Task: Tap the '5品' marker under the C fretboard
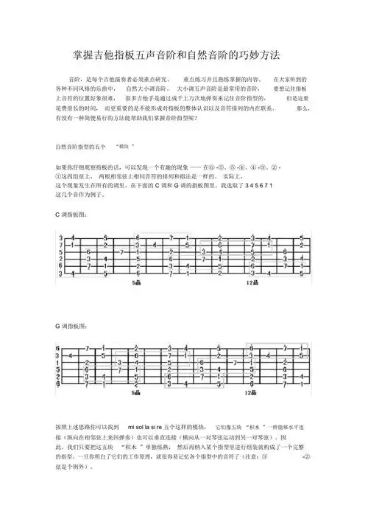click(138, 282)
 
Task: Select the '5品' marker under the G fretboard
click(138, 394)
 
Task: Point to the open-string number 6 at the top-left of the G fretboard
click(57, 347)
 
